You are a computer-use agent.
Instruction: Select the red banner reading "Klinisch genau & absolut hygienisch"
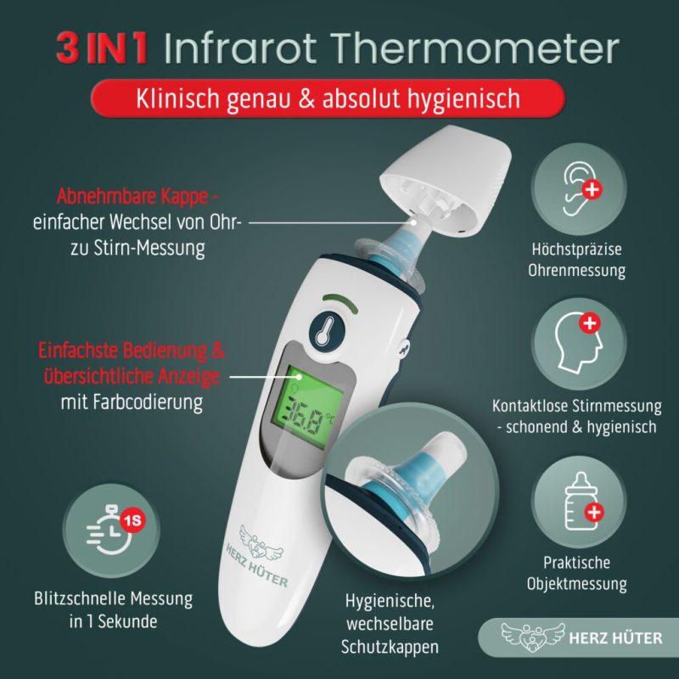click(328, 98)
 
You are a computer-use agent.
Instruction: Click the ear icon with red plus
click(579, 188)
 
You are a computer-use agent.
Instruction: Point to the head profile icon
click(579, 344)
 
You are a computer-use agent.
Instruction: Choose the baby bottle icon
click(579, 502)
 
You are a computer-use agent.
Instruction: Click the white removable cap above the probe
click(446, 183)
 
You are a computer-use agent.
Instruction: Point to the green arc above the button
click(340, 302)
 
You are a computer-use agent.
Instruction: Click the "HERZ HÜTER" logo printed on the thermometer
click(259, 556)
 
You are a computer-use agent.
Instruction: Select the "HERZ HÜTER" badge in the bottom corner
click(579, 637)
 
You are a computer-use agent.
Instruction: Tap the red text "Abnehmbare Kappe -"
click(137, 196)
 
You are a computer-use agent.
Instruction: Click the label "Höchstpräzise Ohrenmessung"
click(577, 260)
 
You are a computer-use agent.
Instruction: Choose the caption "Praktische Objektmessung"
click(577, 574)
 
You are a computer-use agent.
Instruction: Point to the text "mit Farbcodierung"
click(132, 402)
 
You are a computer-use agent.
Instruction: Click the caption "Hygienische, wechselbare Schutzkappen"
click(390, 624)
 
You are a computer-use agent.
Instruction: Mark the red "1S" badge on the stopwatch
click(133, 520)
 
